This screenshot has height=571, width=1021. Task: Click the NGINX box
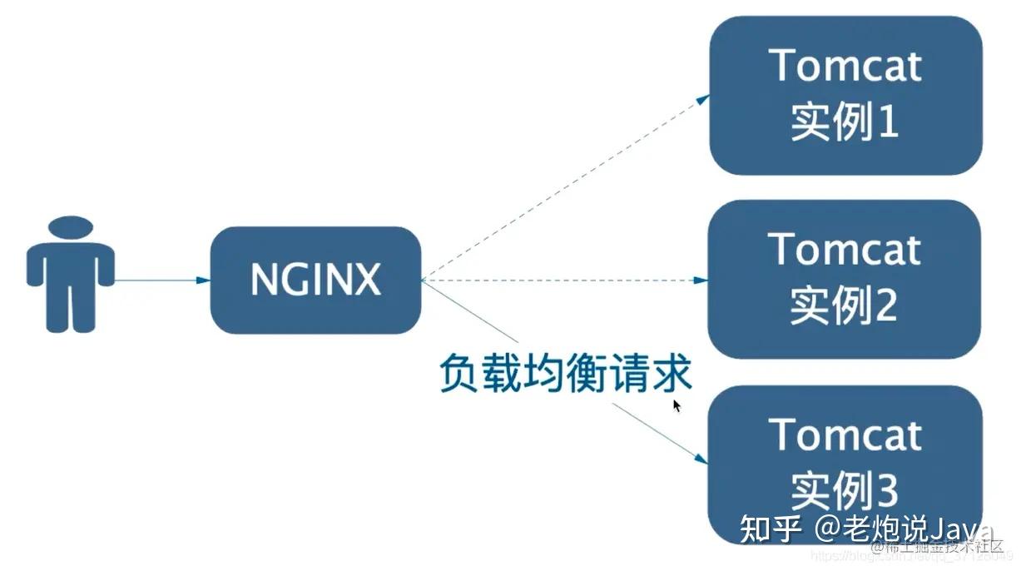(x=315, y=281)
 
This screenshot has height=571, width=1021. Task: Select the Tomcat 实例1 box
(x=845, y=95)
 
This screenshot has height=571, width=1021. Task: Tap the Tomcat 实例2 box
(x=845, y=280)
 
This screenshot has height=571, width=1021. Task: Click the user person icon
(x=70, y=275)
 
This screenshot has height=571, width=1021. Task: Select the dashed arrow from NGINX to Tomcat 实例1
(x=566, y=186)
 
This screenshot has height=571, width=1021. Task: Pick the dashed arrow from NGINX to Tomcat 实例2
(x=566, y=281)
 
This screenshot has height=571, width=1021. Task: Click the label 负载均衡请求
(x=566, y=375)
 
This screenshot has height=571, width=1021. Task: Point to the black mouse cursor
(x=677, y=406)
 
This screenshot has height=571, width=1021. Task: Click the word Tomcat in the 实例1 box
(x=845, y=65)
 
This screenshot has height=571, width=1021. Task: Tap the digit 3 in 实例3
(x=885, y=491)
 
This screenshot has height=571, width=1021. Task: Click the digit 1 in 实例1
(x=887, y=123)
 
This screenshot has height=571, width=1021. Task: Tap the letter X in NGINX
(x=366, y=281)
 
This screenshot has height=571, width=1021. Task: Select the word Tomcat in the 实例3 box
(x=845, y=434)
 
